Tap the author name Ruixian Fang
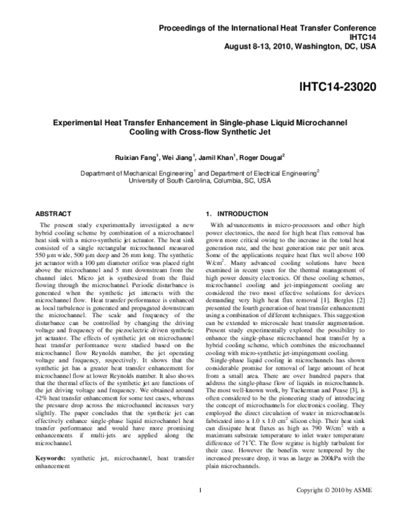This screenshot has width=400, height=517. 133,157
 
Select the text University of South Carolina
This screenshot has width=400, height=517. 169,180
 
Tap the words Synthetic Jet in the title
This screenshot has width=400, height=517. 255,132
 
